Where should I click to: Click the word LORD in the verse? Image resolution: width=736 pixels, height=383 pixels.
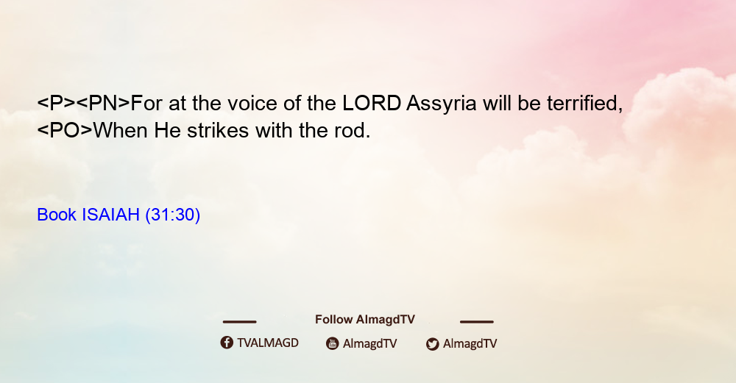pyautogui.click(x=371, y=103)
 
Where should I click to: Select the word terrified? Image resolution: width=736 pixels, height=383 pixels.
pyautogui.click(x=584, y=104)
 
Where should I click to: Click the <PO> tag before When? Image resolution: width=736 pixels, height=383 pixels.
pyautogui.click(x=65, y=131)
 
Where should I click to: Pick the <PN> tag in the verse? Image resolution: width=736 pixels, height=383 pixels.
pyautogui.click(x=103, y=104)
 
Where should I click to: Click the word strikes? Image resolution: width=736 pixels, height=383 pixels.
pyautogui.click(x=218, y=131)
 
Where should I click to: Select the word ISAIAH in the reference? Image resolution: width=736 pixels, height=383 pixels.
pyautogui.click(x=111, y=215)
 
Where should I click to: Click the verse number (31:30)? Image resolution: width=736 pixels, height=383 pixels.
pyautogui.click(x=173, y=215)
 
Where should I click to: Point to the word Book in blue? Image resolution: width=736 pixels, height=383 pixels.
pyautogui.click(x=57, y=215)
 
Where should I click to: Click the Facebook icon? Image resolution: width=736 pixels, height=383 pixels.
pyautogui.click(x=227, y=343)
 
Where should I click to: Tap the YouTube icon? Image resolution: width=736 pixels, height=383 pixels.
pyautogui.click(x=333, y=343)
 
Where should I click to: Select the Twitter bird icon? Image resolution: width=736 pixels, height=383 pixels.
pyautogui.click(x=433, y=344)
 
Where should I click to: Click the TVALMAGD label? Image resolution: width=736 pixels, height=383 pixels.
pyautogui.click(x=268, y=343)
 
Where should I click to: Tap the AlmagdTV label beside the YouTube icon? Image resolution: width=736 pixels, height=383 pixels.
pyautogui.click(x=370, y=344)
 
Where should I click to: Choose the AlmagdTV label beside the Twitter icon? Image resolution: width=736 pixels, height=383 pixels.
pyautogui.click(x=470, y=344)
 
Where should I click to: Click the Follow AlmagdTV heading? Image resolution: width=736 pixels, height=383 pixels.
pyautogui.click(x=365, y=319)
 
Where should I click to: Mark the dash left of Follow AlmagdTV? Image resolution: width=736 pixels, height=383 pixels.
pyautogui.click(x=239, y=322)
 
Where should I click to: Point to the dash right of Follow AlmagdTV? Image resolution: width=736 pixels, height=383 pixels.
pyautogui.click(x=477, y=322)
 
